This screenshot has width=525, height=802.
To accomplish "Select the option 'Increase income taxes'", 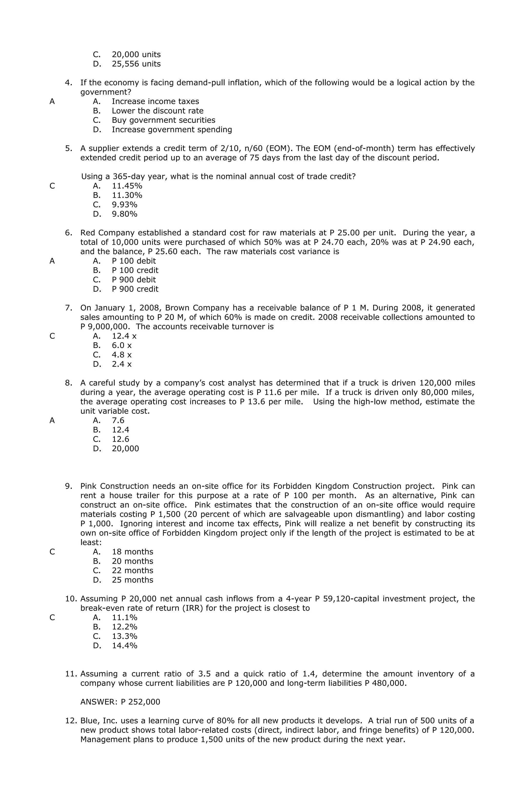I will coord(155,101).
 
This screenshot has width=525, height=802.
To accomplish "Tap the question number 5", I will coord(68,148).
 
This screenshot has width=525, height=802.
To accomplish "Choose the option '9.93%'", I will coord(125,205).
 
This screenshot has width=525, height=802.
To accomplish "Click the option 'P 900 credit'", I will coord(135,289).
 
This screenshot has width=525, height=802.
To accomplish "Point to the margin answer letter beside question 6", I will coord(52,261).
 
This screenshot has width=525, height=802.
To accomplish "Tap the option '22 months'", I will coord(132,570).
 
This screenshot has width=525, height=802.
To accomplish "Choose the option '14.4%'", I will coord(125,645).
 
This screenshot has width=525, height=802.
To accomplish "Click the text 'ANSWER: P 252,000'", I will coord(120,702).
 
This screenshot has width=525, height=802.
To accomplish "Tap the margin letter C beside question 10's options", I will coord(52,617).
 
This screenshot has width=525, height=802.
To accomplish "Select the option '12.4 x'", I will coord(124,336).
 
